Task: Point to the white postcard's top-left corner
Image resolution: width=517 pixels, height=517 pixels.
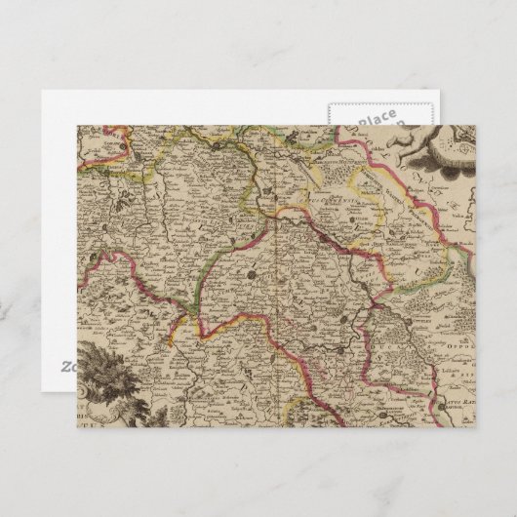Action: pyautogui.click(x=42, y=91)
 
